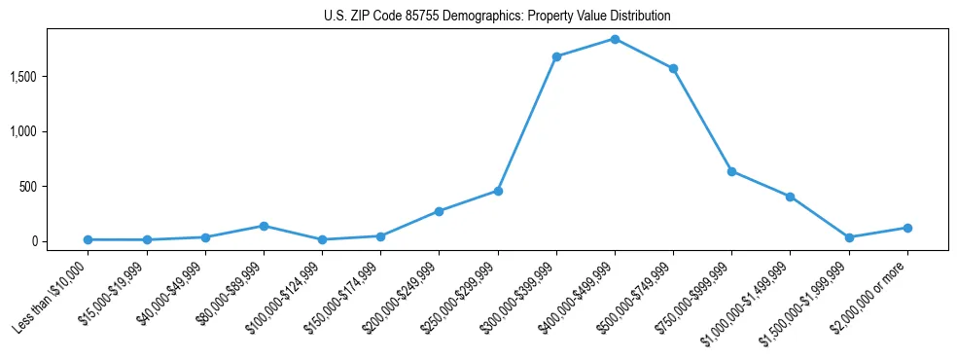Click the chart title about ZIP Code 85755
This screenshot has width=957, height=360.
point(497,17)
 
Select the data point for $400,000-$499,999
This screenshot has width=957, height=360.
point(615,39)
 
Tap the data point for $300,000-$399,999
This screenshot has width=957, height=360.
point(556,56)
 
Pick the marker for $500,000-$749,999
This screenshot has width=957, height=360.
point(673,68)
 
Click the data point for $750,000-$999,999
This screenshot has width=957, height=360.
point(731,171)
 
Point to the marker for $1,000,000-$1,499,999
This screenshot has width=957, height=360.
point(790,197)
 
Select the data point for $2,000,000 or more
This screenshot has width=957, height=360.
point(907,228)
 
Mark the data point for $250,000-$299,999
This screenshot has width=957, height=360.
point(498,191)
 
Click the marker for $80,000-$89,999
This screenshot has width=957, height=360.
point(264,226)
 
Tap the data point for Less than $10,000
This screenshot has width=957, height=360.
point(88,239)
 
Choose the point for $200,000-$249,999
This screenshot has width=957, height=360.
point(440,211)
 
